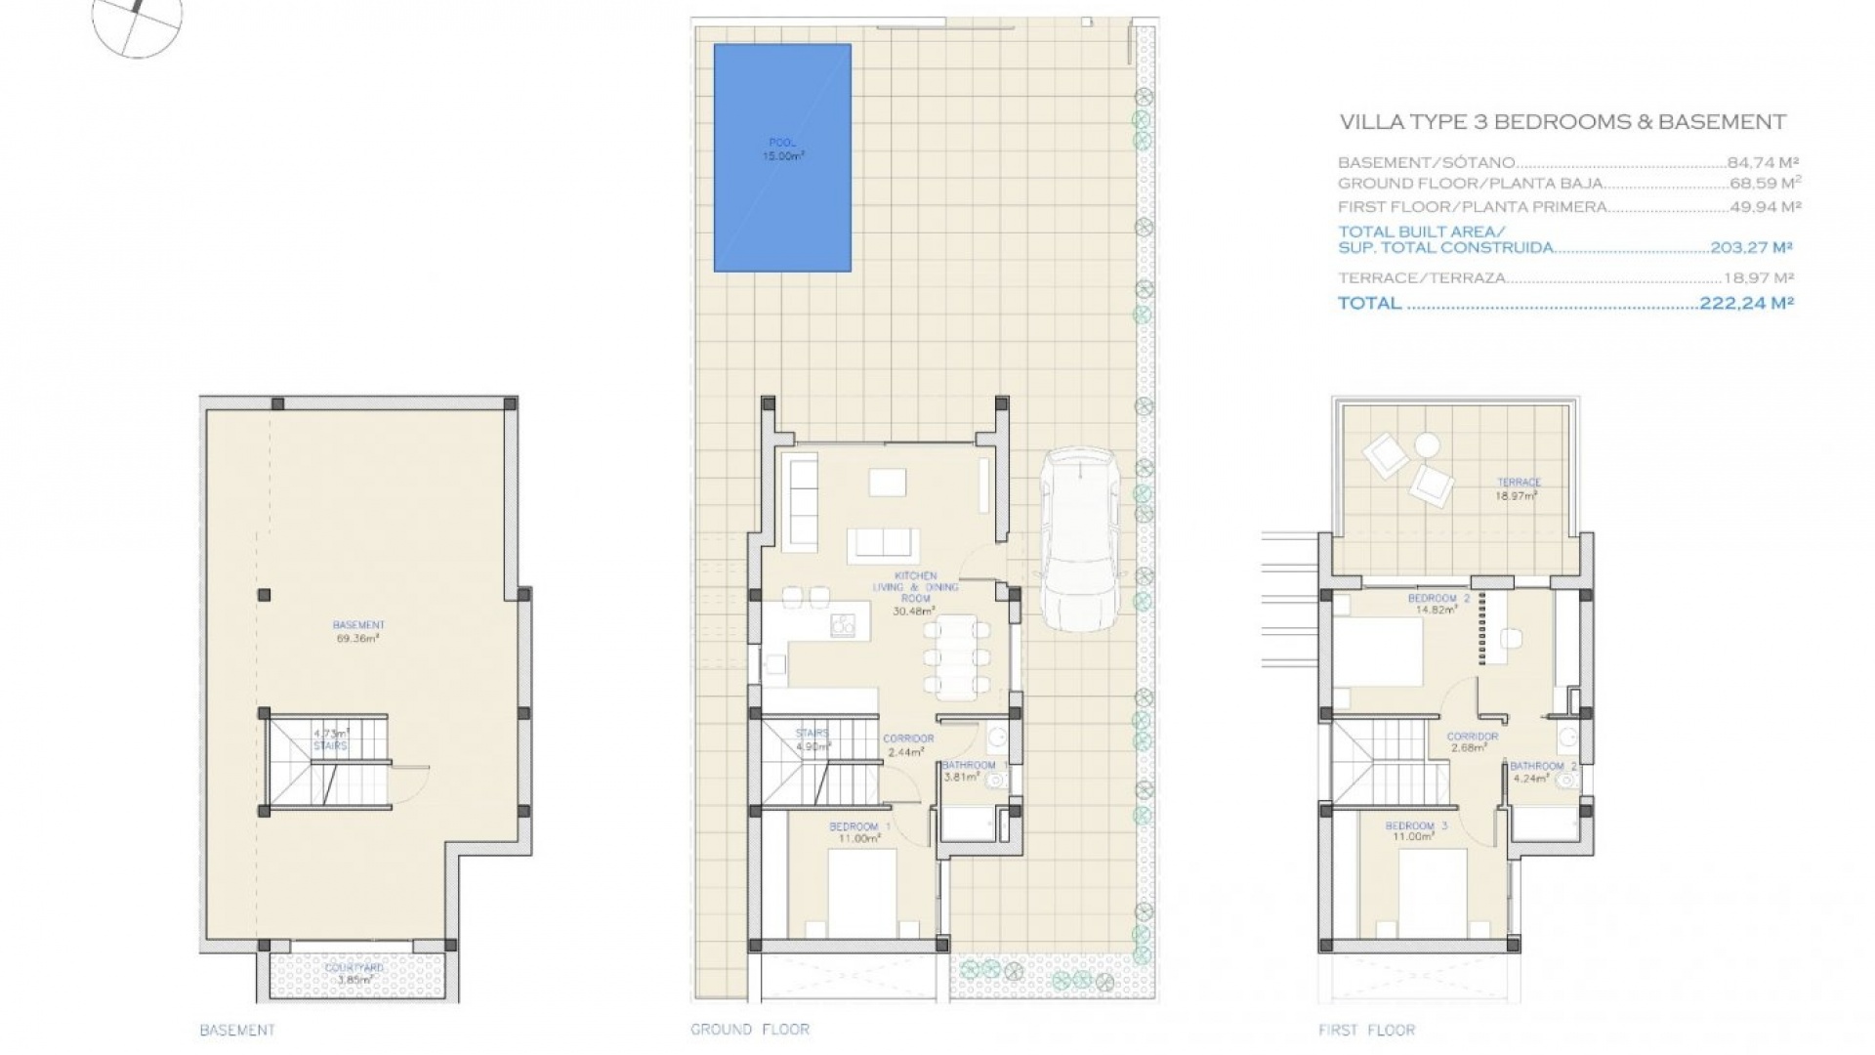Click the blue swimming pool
tap(782, 157)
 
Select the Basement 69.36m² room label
tap(358, 631)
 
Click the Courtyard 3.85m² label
tap(356, 973)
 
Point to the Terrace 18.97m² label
tap(1519, 488)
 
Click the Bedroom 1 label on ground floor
tap(860, 832)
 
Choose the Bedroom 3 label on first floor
tap(1415, 831)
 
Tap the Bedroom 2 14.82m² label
tap(1437, 604)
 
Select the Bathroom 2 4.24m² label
tap(1543, 773)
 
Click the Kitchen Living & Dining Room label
tap(914, 593)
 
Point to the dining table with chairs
tap(958, 656)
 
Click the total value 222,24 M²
tap(1746, 304)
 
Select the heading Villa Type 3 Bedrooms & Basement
tap(1562, 122)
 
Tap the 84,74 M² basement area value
tap(1763, 163)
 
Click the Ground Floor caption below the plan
tap(749, 1029)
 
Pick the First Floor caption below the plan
tap(1365, 1030)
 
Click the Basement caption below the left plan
tap(237, 1030)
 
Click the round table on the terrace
tap(1427, 445)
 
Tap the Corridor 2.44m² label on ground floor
tap(908, 745)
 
